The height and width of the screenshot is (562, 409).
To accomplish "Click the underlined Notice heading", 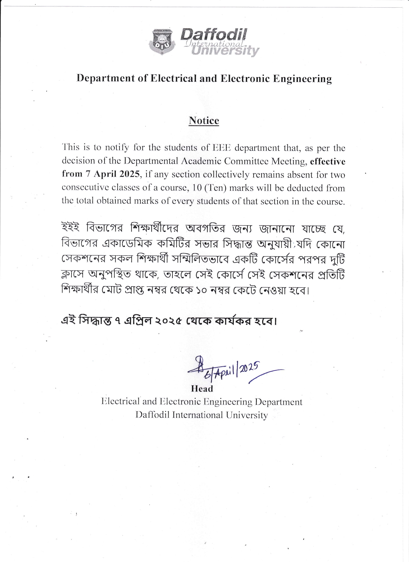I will pos(204,121).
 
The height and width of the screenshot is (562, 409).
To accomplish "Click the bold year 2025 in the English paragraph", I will pos(130,174).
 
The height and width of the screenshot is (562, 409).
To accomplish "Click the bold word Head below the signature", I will pos(202,389).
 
